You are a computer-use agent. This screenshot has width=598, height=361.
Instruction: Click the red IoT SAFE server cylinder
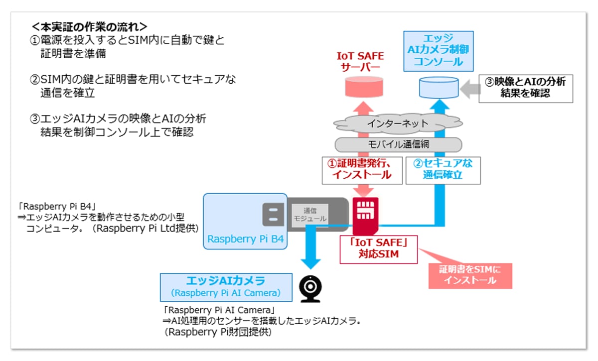coord(364,87)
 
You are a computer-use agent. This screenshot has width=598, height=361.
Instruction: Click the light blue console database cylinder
coord(439,88)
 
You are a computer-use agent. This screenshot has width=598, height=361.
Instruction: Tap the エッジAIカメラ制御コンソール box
coord(439,51)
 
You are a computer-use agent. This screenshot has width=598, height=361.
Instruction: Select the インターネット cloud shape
coord(398,123)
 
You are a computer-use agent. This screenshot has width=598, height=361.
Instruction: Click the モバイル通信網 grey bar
coord(398,144)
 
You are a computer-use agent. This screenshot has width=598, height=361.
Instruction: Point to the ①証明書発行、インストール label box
coord(362,170)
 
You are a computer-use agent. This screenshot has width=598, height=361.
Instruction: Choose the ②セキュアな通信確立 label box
coord(443,170)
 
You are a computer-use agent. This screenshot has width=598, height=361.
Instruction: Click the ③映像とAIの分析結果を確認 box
coord(526,89)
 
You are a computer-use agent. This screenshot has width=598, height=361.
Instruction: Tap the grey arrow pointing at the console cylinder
coord(470,89)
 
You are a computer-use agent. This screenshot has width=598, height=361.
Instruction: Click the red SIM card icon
coord(365,216)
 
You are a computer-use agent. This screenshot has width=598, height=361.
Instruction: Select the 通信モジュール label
coord(309,215)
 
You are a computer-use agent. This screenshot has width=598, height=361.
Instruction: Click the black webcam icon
coord(310,289)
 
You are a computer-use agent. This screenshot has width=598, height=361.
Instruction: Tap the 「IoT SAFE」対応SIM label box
coord(379,249)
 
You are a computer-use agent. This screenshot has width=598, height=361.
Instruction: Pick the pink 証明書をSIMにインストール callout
coord(470,276)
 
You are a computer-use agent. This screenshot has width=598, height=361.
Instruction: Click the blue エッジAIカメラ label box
coord(226,287)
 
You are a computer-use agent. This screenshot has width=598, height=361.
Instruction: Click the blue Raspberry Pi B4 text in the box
coord(245,239)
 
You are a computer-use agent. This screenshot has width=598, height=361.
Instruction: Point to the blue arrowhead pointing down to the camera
coord(310,263)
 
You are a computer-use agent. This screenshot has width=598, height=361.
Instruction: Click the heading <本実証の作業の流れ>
coord(89,27)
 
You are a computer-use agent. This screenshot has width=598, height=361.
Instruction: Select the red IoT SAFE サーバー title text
coord(360,62)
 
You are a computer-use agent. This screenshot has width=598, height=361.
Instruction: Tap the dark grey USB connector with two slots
coord(273,215)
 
